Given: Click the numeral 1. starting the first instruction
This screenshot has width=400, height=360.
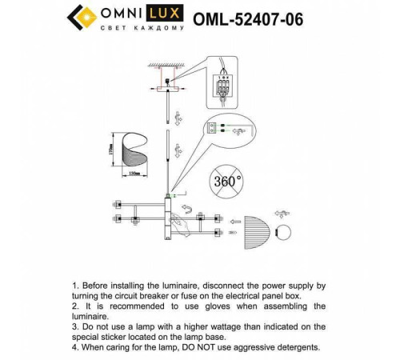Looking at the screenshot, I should coord(76,285).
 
